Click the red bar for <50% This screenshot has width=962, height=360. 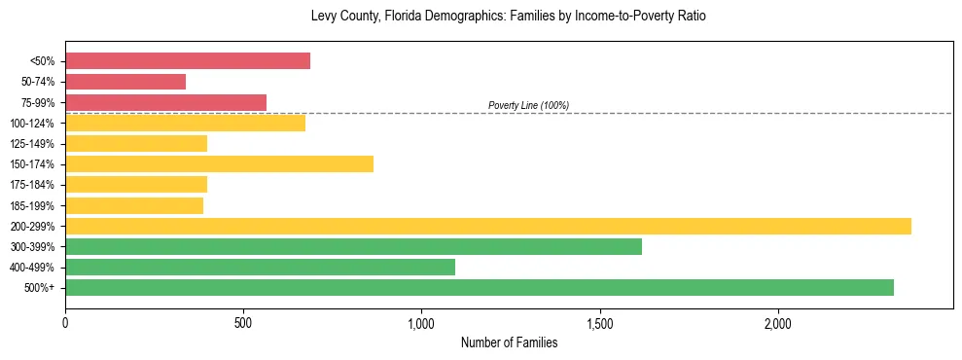(x=188, y=61)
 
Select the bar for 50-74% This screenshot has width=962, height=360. (x=125, y=82)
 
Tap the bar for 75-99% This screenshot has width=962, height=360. (x=165, y=102)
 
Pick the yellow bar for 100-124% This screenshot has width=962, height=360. (x=185, y=123)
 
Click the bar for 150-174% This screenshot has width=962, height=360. (x=219, y=163)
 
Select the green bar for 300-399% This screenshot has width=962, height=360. (x=353, y=246)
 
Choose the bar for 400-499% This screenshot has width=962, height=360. (x=260, y=267)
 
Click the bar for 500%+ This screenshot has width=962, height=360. (x=480, y=287)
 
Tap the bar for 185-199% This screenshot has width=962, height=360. (x=134, y=205)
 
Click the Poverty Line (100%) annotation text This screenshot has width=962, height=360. (x=528, y=105)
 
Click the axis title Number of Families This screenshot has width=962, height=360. (x=509, y=342)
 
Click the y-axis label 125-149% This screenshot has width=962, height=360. (x=32, y=144)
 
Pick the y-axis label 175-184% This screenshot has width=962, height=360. (x=32, y=185)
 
